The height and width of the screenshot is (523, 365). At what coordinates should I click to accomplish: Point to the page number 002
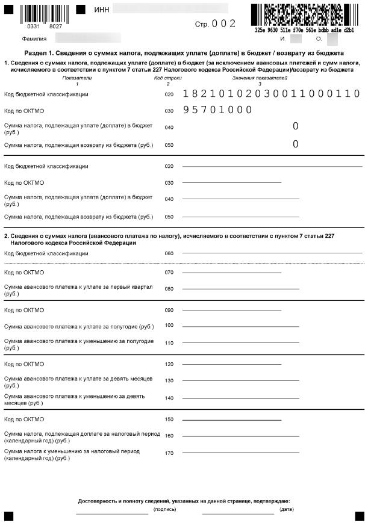224,23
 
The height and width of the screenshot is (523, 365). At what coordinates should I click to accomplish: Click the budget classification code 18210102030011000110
271,94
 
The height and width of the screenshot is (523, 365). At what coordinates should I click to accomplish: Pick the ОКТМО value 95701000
217,110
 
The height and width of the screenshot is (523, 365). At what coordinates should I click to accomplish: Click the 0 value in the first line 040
295,126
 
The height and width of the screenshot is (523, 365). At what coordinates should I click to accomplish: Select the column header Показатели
77,78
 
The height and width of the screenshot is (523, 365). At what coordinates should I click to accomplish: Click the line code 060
169,253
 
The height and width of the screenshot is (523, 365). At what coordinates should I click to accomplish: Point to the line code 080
169,289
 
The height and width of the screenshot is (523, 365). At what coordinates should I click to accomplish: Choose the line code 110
169,342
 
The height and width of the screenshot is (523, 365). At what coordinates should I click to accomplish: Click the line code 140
169,398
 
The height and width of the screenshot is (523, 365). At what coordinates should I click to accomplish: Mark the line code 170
169,452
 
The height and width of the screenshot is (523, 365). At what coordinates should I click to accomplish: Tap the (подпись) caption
164,509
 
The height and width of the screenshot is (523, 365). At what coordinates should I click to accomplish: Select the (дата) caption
287,509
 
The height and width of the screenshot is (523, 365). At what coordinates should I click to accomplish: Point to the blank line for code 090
232,311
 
